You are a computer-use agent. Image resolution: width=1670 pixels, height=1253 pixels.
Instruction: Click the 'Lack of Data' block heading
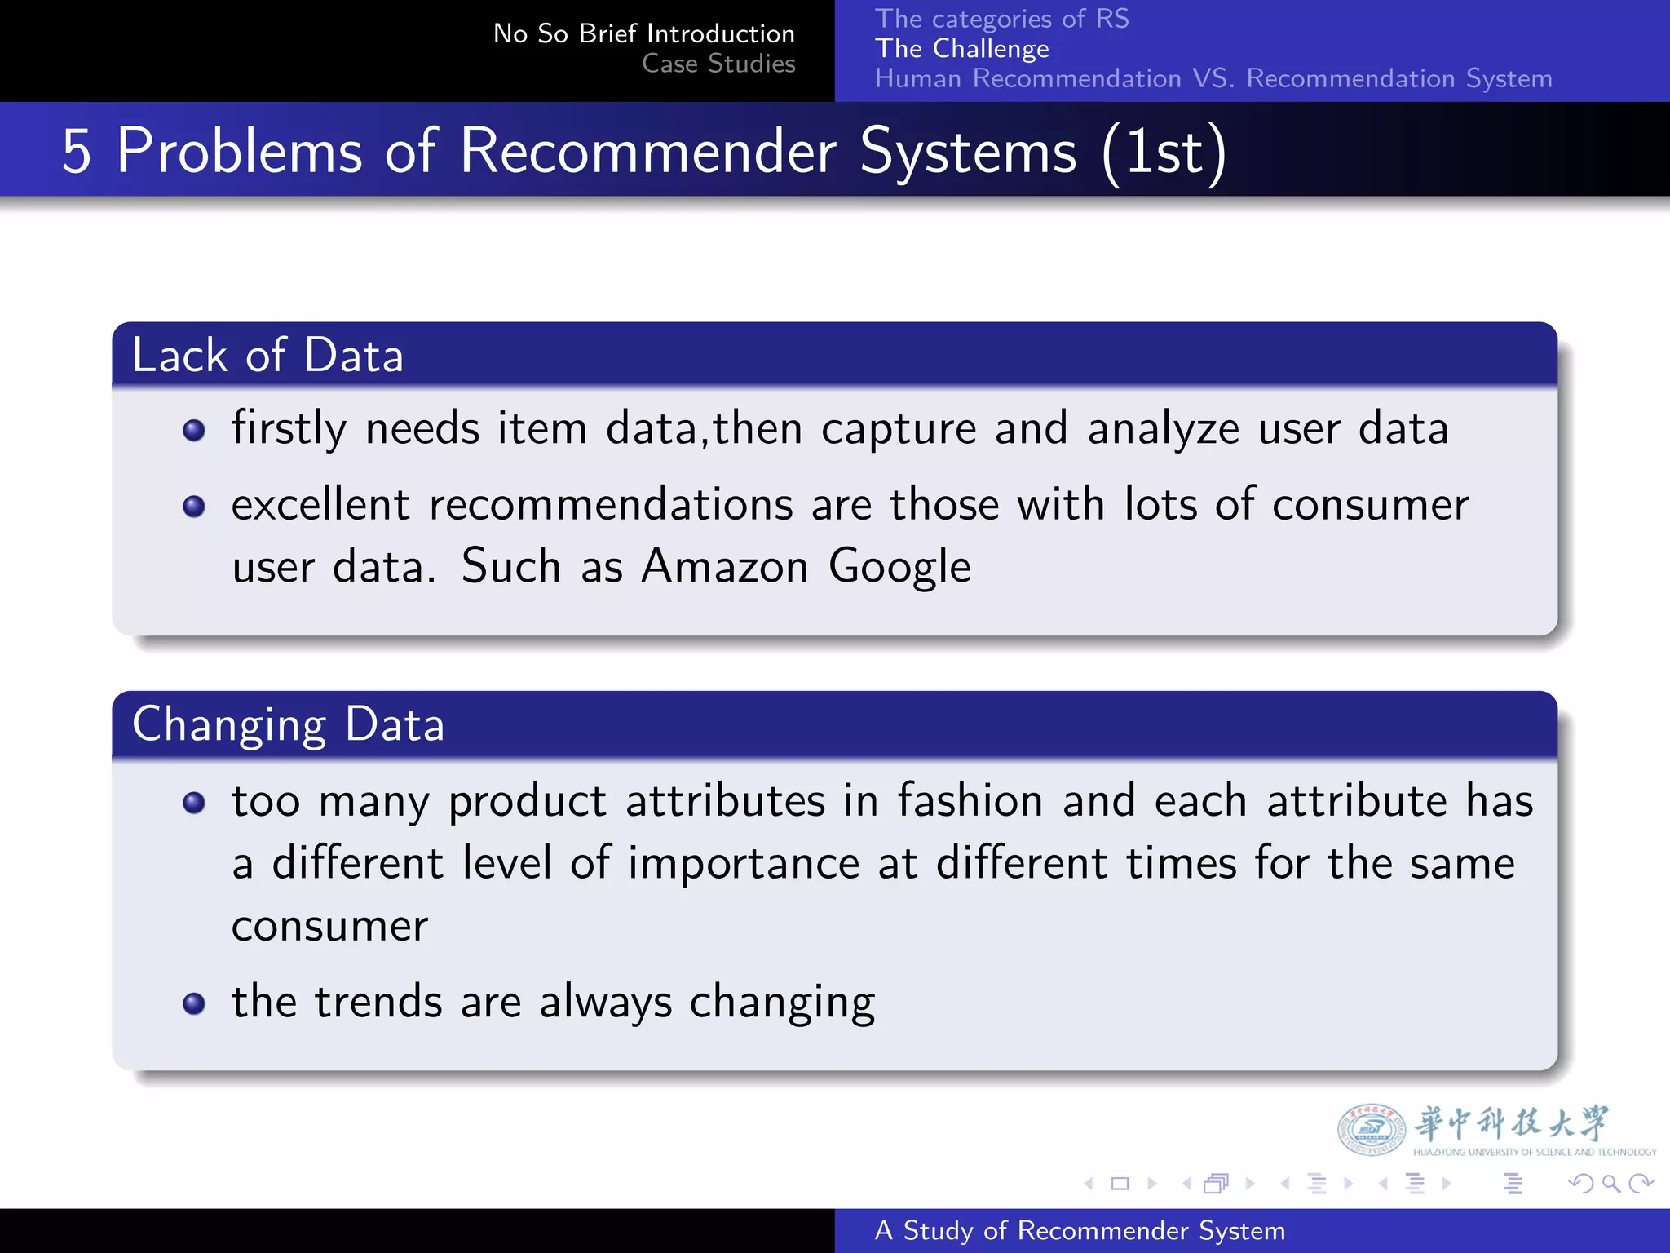point(267,356)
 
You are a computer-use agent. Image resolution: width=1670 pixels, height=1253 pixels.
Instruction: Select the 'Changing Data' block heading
point(288,724)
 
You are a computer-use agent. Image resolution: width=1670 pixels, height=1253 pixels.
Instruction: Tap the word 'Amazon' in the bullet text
point(724,566)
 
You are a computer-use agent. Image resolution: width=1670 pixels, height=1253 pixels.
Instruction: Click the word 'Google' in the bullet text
point(899,566)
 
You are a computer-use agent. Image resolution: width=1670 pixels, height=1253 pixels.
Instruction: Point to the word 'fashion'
point(970,800)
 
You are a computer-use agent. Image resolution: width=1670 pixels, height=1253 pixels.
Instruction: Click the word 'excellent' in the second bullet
point(320,504)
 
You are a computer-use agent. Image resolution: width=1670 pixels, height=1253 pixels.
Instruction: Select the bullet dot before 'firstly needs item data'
point(194,430)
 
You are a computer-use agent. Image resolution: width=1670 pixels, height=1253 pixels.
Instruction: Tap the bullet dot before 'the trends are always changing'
point(194,1003)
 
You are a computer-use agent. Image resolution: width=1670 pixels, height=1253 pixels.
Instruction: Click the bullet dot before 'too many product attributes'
point(194,803)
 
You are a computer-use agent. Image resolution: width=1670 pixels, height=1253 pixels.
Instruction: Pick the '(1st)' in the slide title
point(1164,152)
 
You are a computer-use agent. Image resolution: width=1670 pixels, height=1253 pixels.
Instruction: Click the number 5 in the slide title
point(76,152)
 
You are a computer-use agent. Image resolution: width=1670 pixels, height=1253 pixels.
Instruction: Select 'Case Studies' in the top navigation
point(718,64)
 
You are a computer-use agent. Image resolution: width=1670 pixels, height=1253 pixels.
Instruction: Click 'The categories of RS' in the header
point(1001,18)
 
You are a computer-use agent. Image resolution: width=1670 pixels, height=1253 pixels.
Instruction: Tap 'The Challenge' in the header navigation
point(961,49)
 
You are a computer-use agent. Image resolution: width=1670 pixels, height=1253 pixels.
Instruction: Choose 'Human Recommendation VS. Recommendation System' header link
point(1213,78)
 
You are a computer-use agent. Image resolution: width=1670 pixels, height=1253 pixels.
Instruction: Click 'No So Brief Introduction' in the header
point(643,33)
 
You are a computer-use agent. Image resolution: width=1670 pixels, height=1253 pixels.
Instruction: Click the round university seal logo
point(1371,1129)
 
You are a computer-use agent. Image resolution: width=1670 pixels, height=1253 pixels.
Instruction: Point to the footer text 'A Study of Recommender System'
point(1079,1230)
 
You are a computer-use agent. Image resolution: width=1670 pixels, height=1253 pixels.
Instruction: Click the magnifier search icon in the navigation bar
point(1610,1183)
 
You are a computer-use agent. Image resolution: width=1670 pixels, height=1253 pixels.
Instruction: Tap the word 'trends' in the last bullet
point(378,1002)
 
